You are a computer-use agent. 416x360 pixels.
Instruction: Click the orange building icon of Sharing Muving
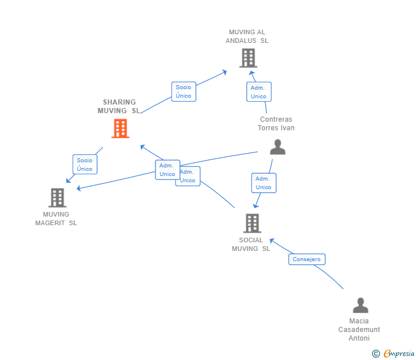coord(120,129)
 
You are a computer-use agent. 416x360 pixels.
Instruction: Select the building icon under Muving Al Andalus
coord(248,58)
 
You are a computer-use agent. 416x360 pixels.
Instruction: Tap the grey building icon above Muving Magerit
coord(57,198)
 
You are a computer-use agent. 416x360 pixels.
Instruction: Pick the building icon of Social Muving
coord(252,223)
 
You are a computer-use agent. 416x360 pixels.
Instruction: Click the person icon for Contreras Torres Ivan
coord(277,147)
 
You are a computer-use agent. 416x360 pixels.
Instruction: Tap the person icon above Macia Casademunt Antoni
coord(360,305)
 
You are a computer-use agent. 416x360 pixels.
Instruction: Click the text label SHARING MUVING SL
coord(119,106)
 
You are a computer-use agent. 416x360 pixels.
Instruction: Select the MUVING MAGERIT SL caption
coord(56,219)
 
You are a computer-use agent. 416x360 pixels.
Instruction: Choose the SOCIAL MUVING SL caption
coord(251,245)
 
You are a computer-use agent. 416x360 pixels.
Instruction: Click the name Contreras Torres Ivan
coord(276,123)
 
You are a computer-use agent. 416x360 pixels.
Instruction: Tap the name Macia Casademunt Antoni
coord(359,330)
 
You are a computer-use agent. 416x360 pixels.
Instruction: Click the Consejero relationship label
coord(307,259)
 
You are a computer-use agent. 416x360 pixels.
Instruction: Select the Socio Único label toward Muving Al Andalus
coord(183,91)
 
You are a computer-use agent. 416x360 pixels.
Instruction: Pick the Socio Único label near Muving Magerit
coord(85,165)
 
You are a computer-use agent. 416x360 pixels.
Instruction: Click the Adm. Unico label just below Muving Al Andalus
coord(258,92)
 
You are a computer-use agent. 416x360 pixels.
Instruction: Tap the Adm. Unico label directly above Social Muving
coord(263,183)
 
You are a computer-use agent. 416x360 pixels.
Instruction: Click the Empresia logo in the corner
coord(398,354)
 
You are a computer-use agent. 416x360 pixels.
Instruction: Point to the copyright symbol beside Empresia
coord(376,354)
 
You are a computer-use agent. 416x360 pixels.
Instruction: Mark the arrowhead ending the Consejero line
coord(271,240)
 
